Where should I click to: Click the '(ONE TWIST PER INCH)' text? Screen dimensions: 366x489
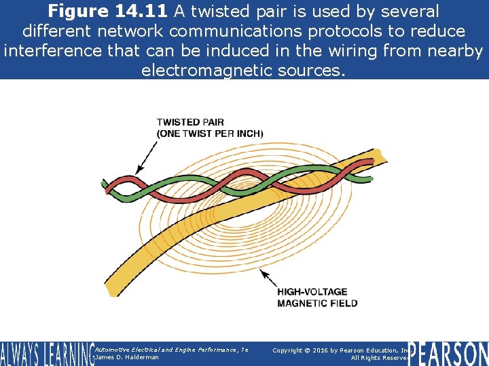point(210,134)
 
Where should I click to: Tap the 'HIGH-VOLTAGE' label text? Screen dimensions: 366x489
point(312,292)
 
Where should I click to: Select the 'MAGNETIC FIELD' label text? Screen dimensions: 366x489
point(317,303)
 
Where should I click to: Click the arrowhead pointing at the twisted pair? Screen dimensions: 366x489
point(140,169)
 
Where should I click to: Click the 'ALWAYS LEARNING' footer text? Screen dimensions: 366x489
point(46,353)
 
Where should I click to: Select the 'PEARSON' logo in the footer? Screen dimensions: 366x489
point(450,353)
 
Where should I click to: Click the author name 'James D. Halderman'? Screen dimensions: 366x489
point(127,357)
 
